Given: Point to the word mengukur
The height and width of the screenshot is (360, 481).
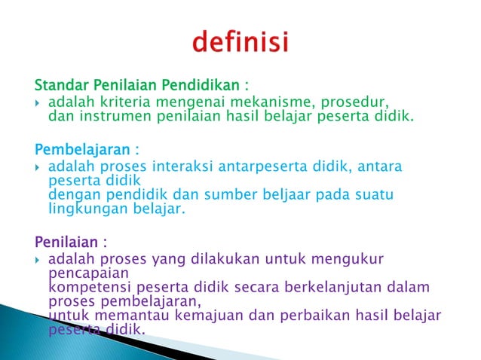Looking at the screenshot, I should (x=351, y=258).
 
